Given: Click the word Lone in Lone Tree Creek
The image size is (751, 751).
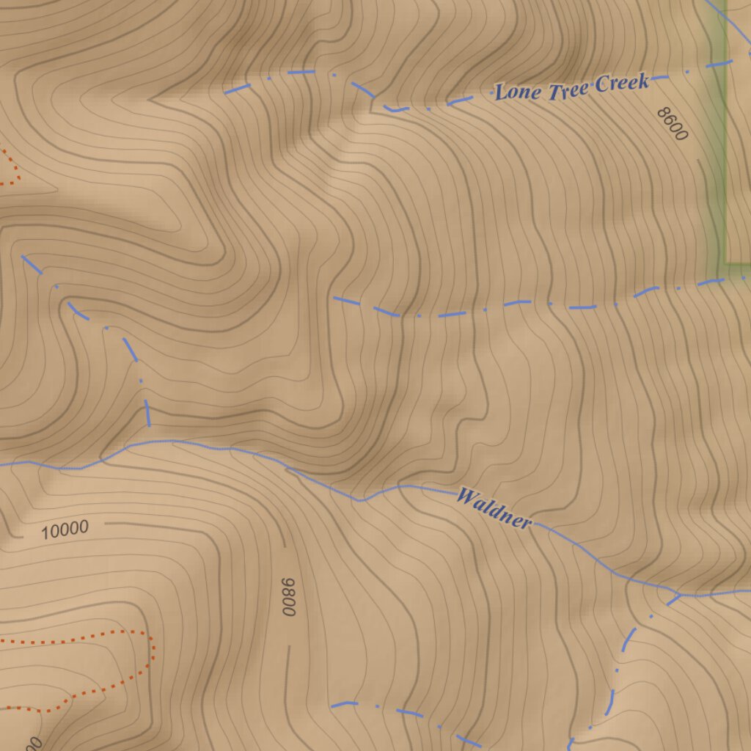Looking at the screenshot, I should (x=518, y=92).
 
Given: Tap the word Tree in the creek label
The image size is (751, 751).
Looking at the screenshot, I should (x=567, y=87).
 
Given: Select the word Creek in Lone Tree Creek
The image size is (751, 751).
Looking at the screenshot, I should (x=621, y=81).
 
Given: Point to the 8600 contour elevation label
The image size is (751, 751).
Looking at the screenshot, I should (x=673, y=123).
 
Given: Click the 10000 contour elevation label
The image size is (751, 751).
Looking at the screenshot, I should (x=65, y=530).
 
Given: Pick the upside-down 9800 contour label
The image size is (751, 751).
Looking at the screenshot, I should (x=289, y=596).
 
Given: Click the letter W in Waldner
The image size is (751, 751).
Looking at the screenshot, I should (x=465, y=496).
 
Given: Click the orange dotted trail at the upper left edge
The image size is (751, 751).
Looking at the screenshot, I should (x=10, y=165).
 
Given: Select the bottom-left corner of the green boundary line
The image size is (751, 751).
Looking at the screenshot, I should (x=725, y=262).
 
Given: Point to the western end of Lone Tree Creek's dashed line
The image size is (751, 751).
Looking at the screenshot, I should (x=225, y=93).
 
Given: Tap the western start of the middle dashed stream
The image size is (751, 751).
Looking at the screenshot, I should (x=334, y=298).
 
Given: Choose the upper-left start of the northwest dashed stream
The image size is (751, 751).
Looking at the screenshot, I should (x=23, y=256).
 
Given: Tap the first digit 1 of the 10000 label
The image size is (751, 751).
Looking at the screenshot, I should (x=45, y=533).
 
